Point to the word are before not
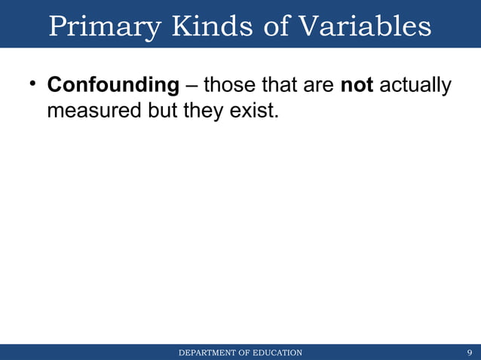click(320, 86)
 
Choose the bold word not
click(357, 86)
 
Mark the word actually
click(415, 86)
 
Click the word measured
click(93, 111)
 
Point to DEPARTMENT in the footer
click(206, 352)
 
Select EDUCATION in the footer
click(277, 352)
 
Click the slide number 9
click(470, 352)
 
